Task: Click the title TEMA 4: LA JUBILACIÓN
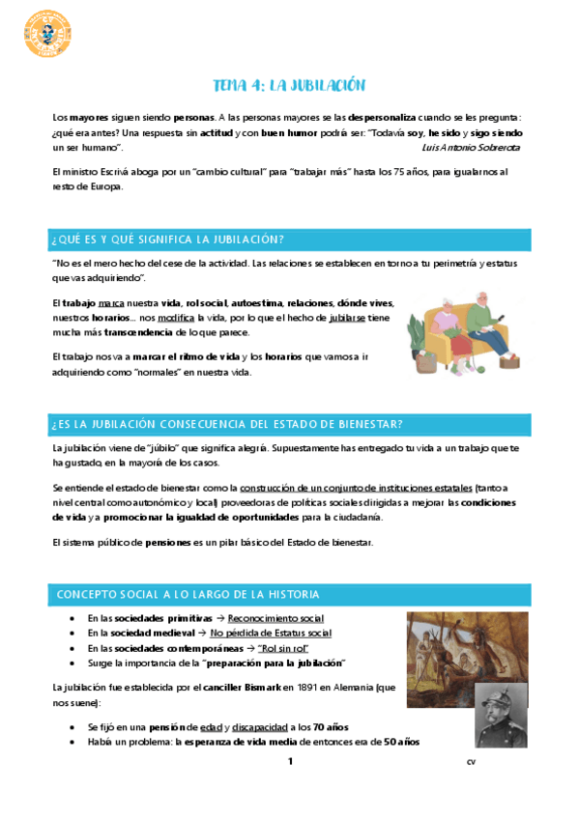tap(288, 85)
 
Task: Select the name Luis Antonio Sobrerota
tap(471, 148)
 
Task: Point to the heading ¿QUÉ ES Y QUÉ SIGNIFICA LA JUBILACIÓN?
tap(168, 240)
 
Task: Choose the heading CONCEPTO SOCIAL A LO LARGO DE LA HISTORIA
tap(188, 593)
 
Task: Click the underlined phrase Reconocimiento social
tap(275, 618)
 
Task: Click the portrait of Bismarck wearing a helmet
tap(501, 716)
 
